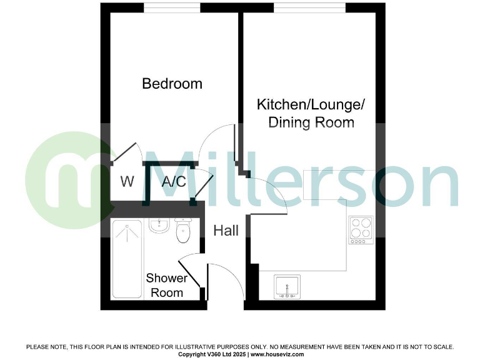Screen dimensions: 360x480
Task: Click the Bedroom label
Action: tap(172, 83)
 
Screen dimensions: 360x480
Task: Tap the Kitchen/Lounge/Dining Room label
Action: tap(311, 112)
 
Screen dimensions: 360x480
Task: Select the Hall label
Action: tap(226, 231)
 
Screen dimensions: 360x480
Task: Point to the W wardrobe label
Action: tap(127, 182)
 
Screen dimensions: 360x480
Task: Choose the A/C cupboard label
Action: tap(174, 182)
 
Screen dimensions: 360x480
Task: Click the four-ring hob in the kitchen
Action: tap(361, 229)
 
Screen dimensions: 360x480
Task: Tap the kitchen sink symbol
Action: tap(287, 286)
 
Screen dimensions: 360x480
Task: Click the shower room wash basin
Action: tap(159, 225)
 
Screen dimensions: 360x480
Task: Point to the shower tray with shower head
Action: tap(127, 259)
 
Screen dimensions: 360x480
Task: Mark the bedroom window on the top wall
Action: tap(172, 7)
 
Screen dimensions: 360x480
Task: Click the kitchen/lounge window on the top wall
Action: tap(309, 7)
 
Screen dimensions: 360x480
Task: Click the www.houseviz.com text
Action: tap(277, 354)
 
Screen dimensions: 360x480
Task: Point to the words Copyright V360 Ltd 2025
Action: tap(212, 354)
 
